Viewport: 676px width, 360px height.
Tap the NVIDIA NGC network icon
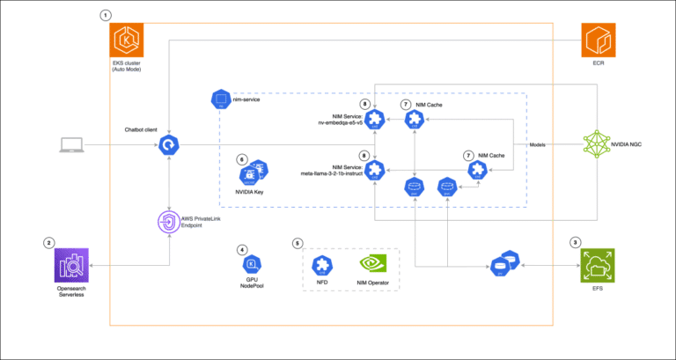point(600,143)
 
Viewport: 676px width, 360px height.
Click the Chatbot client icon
point(169,144)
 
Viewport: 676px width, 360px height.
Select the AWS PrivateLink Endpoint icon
point(169,220)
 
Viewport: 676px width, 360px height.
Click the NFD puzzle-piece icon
point(322,263)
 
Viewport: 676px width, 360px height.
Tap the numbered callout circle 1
point(107,15)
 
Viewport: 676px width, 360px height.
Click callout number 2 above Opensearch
point(49,242)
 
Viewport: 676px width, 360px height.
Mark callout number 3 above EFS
point(575,242)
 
